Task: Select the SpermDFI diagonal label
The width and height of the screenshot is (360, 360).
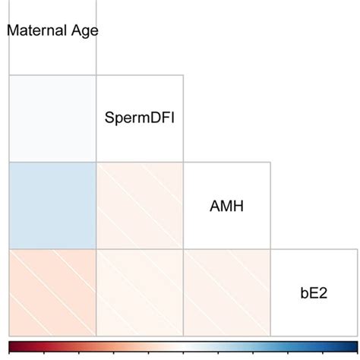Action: tap(141, 118)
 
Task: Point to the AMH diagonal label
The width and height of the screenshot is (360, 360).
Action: tap(227, 205)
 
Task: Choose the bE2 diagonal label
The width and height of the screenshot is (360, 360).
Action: tap(314, 292)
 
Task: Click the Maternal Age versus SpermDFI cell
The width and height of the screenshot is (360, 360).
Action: tap(52, 118)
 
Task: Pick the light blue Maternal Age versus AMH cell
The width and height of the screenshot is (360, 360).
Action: tap(52, 205)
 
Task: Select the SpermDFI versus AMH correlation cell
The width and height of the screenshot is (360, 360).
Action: tap(140, 205)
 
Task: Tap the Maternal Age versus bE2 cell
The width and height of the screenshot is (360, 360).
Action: tap(52, 292)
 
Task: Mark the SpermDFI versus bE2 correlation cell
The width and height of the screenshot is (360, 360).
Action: tap(140, 292)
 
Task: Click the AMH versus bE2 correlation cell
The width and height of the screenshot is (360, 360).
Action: tap(227, 292)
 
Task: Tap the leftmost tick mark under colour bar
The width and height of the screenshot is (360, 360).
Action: tap(11, 353)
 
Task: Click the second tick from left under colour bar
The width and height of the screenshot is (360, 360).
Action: tap(45, 353)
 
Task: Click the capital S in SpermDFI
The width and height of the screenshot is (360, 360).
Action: tap(111, 118)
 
